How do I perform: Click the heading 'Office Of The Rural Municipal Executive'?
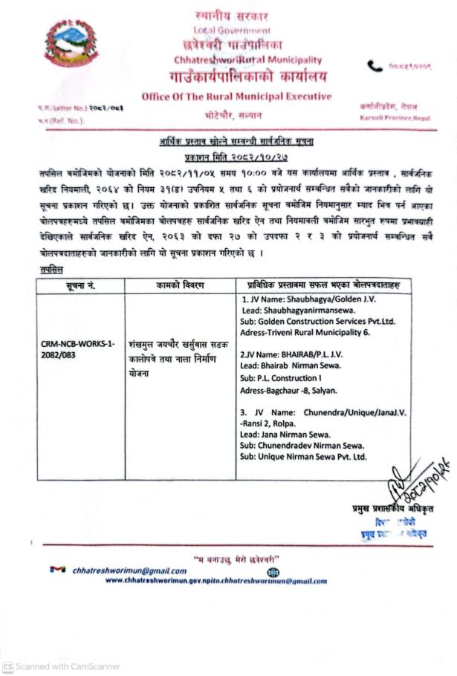click(x=237, y=97)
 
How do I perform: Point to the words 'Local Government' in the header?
click(x=232, y=30)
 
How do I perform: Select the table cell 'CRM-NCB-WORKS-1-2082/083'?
click(x=78, y=349)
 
